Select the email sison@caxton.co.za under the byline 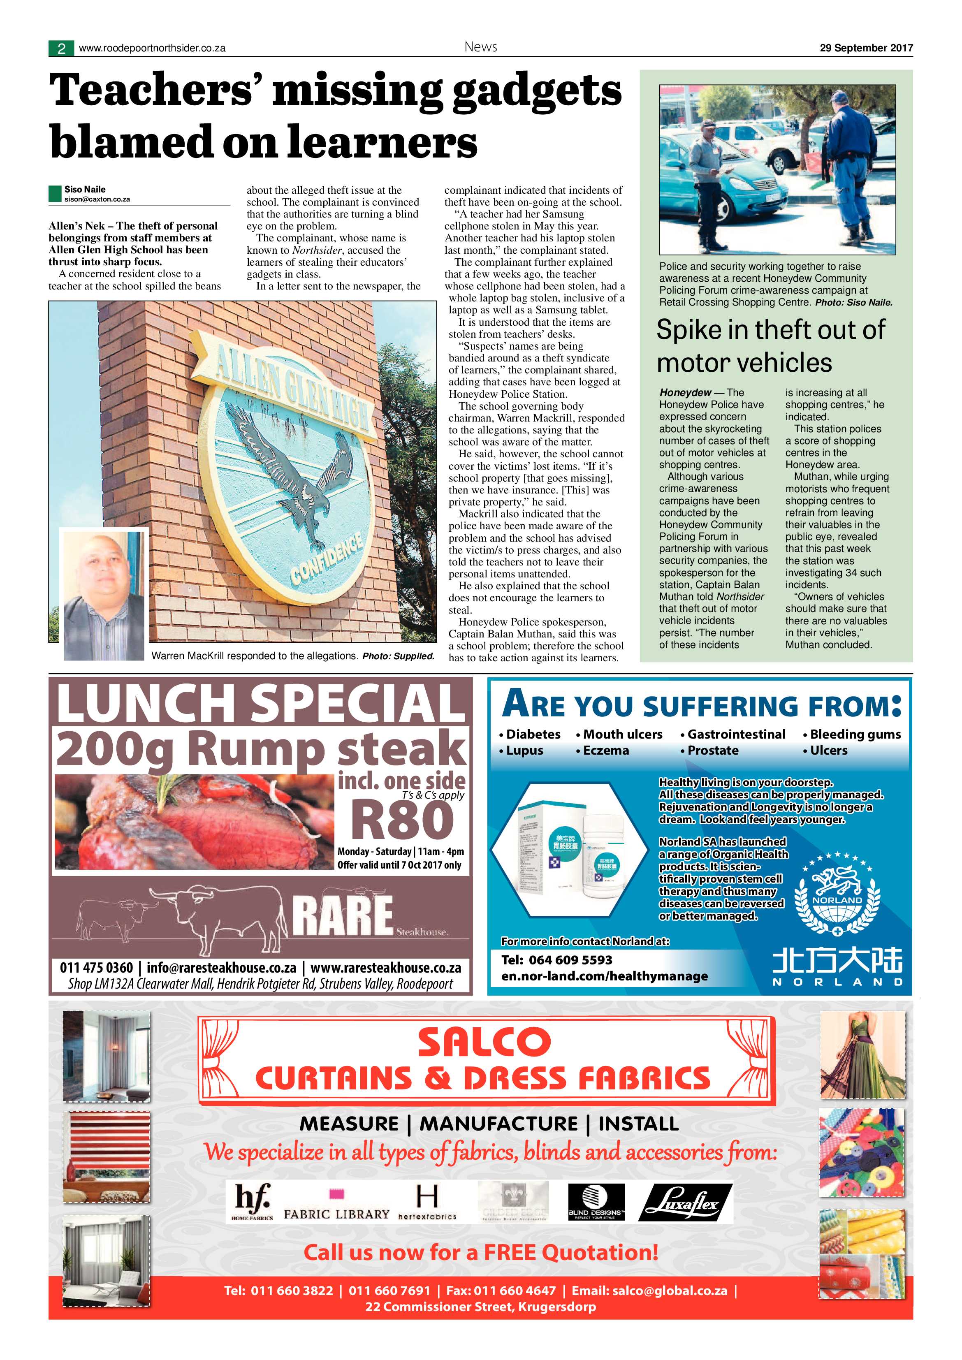(x=97, y=199)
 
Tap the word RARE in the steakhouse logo (x=343, y=915)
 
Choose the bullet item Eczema (x=605, y=751)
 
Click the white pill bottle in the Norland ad (x=604, y=854)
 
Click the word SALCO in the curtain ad (x=484, y=1043)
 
